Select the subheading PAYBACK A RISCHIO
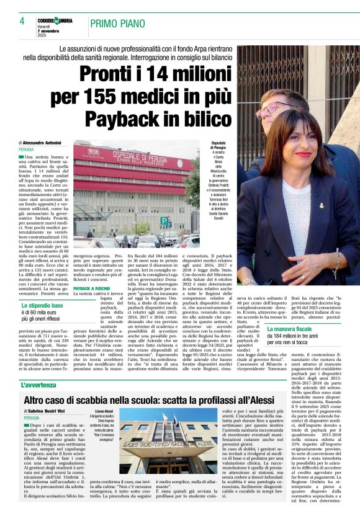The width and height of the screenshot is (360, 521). pyautogui.click(x=92, y=288)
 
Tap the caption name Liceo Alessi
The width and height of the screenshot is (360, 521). pyautogui.click(x=106, y=411)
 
